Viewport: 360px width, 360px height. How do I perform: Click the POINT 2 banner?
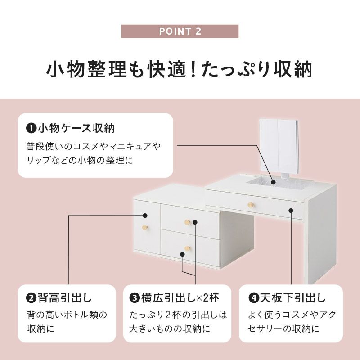point(180,31)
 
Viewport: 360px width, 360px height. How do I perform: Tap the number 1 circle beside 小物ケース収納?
point(31,128)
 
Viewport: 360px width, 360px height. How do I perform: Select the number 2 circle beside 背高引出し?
point(31,298)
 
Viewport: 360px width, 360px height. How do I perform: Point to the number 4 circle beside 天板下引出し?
point(254,298)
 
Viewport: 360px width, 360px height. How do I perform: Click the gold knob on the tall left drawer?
point(145,228)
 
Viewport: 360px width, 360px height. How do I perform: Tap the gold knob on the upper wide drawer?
point(187,222)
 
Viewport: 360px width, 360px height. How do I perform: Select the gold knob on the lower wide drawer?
point(187,248)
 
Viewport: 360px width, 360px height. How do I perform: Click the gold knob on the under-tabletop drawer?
point(251,205)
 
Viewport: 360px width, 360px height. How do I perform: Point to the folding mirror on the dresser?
point(279,147)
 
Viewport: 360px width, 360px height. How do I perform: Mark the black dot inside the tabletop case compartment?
point(273,182)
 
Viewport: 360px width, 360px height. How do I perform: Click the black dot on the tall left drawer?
point(145,216)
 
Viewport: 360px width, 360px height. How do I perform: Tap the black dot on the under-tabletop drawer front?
point(291,210)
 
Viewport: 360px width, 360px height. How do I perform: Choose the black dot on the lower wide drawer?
point(183,254)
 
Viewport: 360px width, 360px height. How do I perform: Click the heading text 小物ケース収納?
point(76,128)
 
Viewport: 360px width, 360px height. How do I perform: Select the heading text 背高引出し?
point(65,298)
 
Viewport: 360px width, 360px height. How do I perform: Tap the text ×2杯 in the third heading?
point(208,298)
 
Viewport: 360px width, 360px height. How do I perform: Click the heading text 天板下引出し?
point(293,298)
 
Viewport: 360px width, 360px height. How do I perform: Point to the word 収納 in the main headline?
point(293,69)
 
